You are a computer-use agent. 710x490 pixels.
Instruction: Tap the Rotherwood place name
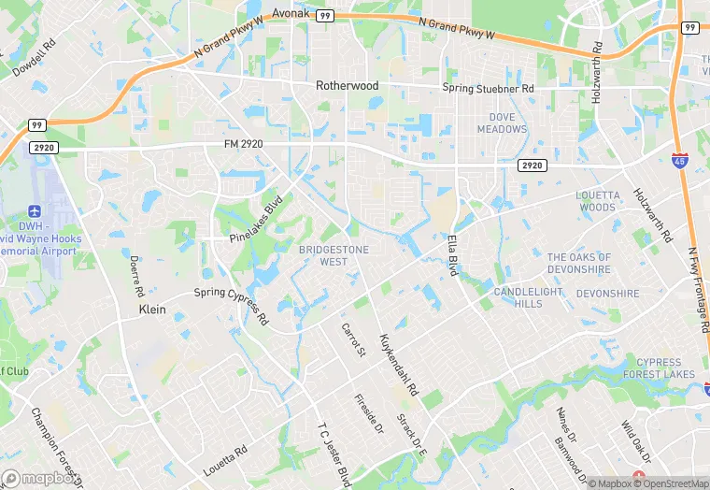coord(347,85)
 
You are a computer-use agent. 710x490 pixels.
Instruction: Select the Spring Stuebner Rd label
coord(488,88)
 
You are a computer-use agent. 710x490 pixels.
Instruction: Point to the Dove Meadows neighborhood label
coord(502,123)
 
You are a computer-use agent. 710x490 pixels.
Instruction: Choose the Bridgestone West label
coord(334,255)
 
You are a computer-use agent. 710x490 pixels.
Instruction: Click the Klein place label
coord(151,309)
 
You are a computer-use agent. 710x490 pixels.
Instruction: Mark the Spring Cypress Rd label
coord(231,304)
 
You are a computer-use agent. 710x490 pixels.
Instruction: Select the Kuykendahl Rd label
coord(398,363)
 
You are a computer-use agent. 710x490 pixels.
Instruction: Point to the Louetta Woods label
coord(597,201)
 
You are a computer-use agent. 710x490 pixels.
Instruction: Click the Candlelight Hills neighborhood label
coord(531,297)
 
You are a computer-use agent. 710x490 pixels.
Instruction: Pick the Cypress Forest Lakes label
coord(666,367)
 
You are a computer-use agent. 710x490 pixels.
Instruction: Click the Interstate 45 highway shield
coord(680,160)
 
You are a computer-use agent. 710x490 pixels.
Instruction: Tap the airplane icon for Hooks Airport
coord(35,211)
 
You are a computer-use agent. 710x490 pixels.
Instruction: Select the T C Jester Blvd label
coord(334,453)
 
